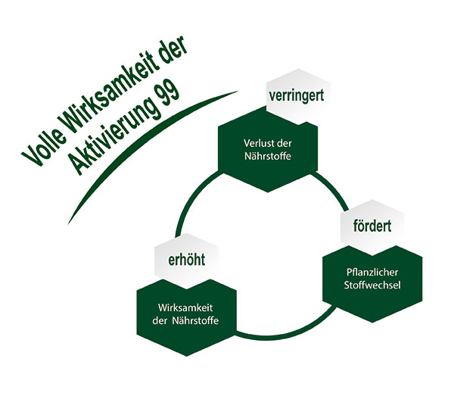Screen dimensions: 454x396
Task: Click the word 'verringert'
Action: [296, 96]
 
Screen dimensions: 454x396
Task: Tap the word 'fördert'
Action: [372, 226]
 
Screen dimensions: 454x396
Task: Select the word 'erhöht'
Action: [186, 259]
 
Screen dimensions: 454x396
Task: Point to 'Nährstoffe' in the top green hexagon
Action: [268, 157]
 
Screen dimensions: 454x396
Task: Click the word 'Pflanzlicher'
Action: [372, 273]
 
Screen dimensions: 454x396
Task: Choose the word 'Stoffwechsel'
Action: [372, 285]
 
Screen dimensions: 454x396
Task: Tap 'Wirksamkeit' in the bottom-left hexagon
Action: [185, 307]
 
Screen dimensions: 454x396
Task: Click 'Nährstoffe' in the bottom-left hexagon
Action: [195, 321]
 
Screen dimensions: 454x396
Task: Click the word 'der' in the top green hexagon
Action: [285, 143]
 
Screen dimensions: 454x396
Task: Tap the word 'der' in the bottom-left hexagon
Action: [160, 321]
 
